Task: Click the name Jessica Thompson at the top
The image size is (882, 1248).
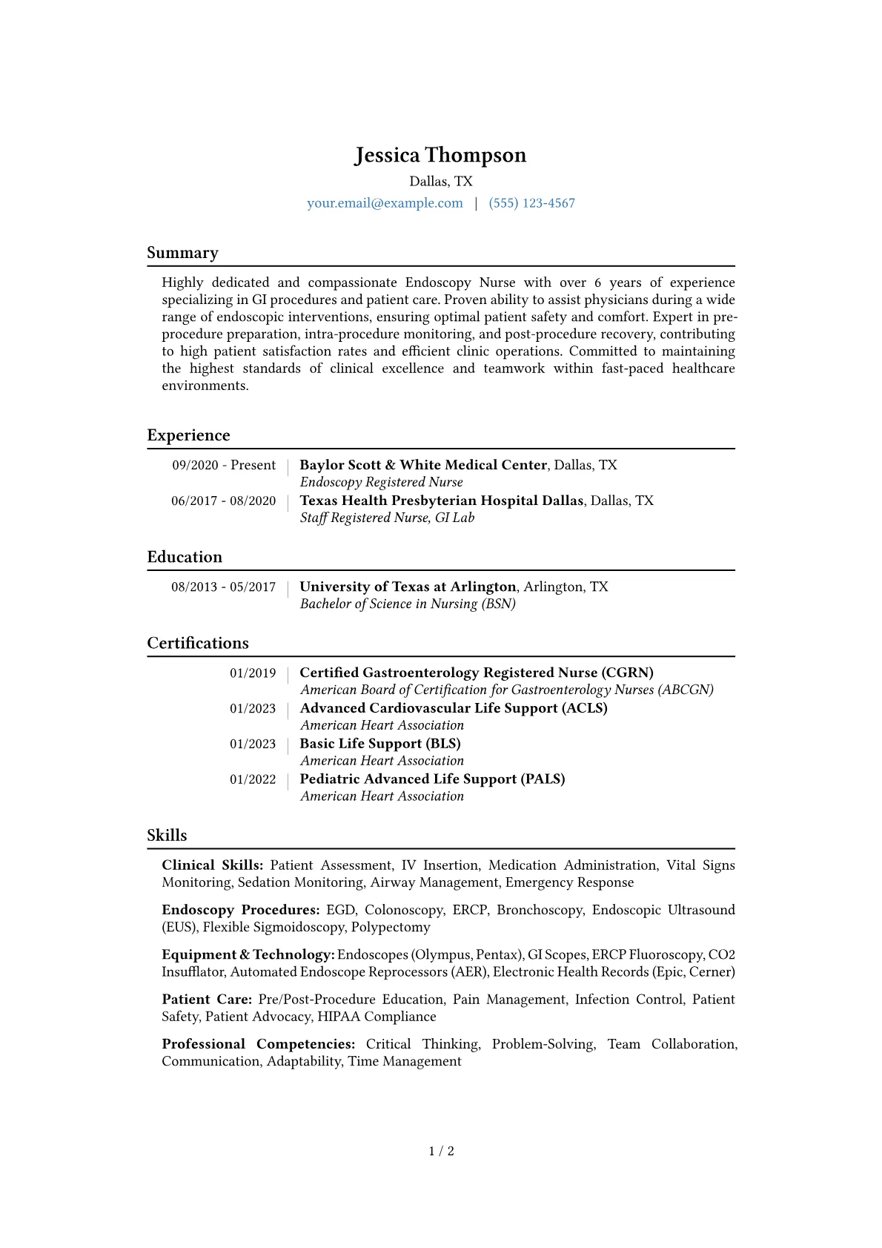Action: click(440, 155)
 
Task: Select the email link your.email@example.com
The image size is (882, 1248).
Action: click(385, 203)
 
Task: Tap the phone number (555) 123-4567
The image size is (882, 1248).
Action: click(531, 203)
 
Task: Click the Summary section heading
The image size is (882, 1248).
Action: click(182, 253)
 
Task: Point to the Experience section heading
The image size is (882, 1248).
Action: click(188, 435)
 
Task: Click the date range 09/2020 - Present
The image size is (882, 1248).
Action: click(224, 465)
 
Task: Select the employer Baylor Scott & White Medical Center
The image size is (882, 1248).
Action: click(422, 465)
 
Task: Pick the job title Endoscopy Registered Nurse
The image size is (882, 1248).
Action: click(381, 482)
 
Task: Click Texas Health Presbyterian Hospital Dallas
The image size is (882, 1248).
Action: click(441, 501)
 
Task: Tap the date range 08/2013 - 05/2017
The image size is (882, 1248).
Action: click(223, 587)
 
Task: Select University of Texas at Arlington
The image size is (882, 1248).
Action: click(408, 587)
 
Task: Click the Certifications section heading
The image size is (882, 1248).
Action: click(198, 643)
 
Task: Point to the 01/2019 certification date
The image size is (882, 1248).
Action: click(253, 673)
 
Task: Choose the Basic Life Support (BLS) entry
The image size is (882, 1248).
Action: click(380, 744)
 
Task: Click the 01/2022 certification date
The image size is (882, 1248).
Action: click(253, 779)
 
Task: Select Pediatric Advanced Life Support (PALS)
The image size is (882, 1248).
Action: click(432, 779)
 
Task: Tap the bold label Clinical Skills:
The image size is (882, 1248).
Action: click(212, 865)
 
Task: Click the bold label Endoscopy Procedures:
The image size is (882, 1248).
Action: click(241, 910)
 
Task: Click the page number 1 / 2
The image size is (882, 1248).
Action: click(441, 1151)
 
